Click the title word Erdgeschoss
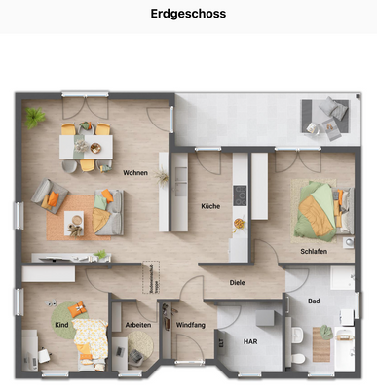point(188,14)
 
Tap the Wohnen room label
point(135,172)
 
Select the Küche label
point(210,206)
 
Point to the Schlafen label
point(313,250)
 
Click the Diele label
point(237,282)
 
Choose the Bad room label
point(313,301)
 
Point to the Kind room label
point(61,324)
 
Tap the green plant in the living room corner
point(36,118)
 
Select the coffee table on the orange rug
point(74,222)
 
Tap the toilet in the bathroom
point(301,358)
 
